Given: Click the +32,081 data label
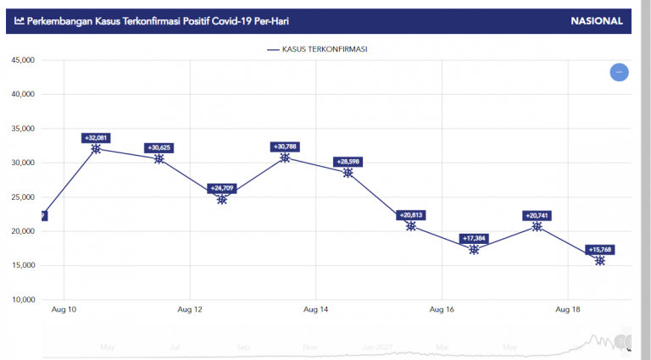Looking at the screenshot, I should pyautogui.click(x=96, y=137).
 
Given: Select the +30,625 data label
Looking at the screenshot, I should pyautogui.click(x=159, y=147).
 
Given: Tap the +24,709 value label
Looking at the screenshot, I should pyautogui.click(x=222, y=188).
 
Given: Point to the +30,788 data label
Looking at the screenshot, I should pyautogui.click(x=285, y=147).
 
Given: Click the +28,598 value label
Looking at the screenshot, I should pyautogui.click(x=348, y=161).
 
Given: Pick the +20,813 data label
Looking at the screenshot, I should pyautogui.click(x=411, y=215).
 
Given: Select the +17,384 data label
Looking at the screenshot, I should pyautogui.click(x=474, y=239).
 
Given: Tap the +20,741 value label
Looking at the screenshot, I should pyautogui.click(x=537, y=216).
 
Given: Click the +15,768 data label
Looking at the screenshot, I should pyautogui.click(x=600, y=249).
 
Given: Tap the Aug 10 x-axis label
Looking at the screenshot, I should pyautogui.click(x=64, y=311).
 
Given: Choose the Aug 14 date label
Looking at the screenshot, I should pyautogui.click(x=315, y=311).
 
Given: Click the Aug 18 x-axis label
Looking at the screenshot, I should pyautogui.click(x=567, y=311).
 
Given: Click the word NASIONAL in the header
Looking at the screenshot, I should pyautogui.click(x=597, y=21).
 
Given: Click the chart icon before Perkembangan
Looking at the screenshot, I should pyautogui.click(x=19, y=21).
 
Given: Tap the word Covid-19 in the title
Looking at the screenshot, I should pyautogui.click(x=206, y=21).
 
